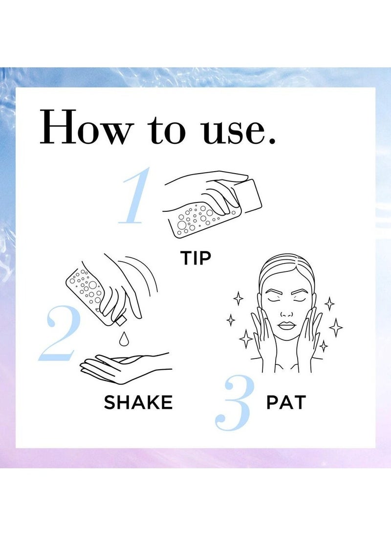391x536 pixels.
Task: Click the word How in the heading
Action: coord(86,127)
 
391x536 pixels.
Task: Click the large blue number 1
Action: coord(135,196)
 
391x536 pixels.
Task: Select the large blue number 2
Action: coord(58,334)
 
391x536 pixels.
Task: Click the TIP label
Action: coord(195,258)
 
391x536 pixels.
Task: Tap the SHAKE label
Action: coord(138,402)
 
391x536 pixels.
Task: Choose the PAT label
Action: coord(286,402)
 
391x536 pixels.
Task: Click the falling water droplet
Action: coord(123,338)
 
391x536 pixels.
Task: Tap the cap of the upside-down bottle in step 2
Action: coord(120,321)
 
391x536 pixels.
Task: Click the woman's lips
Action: coord(286,325)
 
